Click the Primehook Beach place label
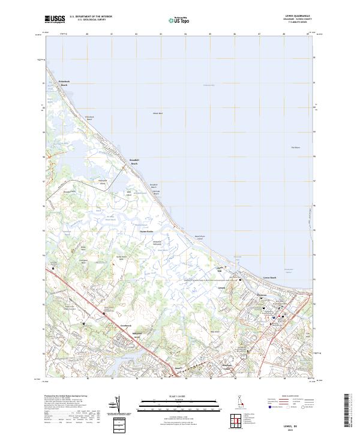click(64, 83)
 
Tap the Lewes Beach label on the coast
click(269, 277)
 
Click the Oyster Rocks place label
click(147, 230)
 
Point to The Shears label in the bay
click(295, 148)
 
